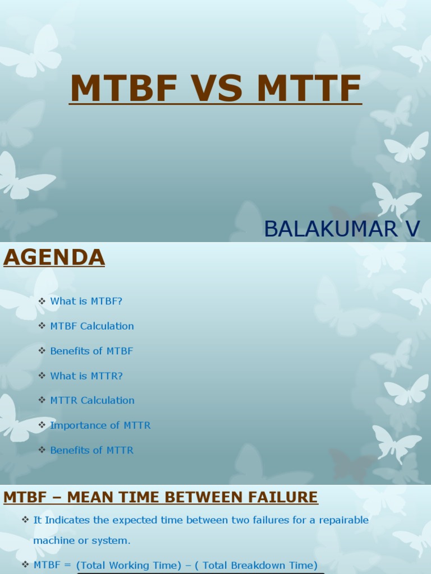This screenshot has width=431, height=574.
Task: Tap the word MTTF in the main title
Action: [309, 88]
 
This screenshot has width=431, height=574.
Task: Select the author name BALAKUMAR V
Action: [342, 229]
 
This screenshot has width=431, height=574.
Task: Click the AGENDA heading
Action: [54, 257]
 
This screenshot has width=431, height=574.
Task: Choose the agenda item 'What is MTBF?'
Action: [86, 301]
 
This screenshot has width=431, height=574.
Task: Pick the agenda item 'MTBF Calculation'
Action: [92, 326]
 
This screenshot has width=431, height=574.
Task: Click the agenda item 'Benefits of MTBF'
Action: [91, 351]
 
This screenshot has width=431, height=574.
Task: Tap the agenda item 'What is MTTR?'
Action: [86, 376]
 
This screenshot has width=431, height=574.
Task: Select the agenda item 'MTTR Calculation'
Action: [92, 400]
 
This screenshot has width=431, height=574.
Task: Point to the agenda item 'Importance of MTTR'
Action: [100, 425]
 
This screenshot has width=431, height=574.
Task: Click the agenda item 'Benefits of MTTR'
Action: [91, 450]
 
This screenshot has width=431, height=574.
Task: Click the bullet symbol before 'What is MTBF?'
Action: [42, 301]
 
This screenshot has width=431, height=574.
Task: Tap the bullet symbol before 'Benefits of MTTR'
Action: [42, 450]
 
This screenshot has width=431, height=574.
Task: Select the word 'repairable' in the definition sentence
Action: [344, 520]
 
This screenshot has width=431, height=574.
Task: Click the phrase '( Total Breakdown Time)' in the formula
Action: [259, 565]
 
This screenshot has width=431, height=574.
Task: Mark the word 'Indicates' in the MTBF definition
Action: [67, 520]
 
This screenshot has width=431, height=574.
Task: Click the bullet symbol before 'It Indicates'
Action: [25, 520]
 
